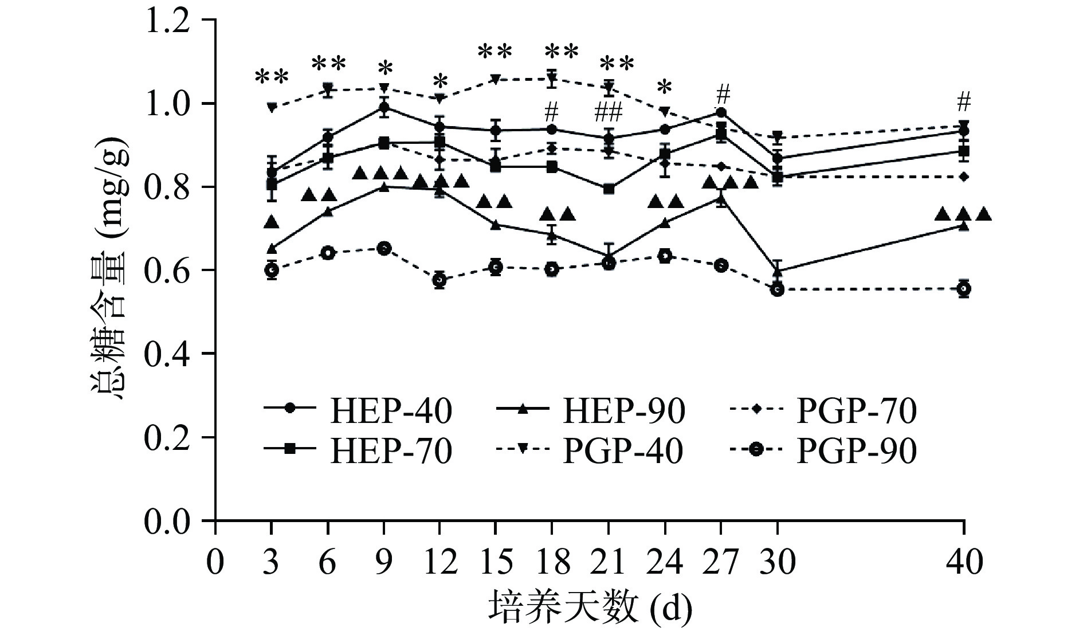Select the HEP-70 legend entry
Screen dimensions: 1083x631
click(358, 451)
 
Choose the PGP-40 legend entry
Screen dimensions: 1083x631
click(590, 451)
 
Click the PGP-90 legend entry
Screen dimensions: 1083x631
click(824, 451)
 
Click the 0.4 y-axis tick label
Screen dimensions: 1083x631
click(167, 354)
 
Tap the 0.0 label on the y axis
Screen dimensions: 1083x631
click(167, 521)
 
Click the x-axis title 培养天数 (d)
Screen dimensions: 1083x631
click(590, 609)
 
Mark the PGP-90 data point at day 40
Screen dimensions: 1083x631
click(964, 289)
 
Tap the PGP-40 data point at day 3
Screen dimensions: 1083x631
click(272, 107)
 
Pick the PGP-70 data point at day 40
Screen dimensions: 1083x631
click(964, 177)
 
